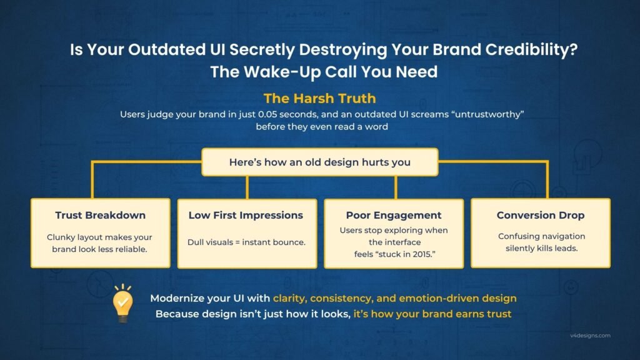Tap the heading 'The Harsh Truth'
[x=319, y=98]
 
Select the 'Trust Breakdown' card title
[x=101, y=215]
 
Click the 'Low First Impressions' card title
[x=246, y=215]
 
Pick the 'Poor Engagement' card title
[x=394, y=215]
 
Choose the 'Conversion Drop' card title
[x=541, y=215]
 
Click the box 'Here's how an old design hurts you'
[x=320, y=162]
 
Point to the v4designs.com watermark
[x=590, y=336]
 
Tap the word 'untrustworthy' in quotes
[x=487, y=114]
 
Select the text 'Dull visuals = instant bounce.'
[x=246, y=242]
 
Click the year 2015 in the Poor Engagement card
[x=421, y=254]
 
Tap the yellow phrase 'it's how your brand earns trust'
[x=432, y=314]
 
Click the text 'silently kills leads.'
[x=542, y=248]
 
